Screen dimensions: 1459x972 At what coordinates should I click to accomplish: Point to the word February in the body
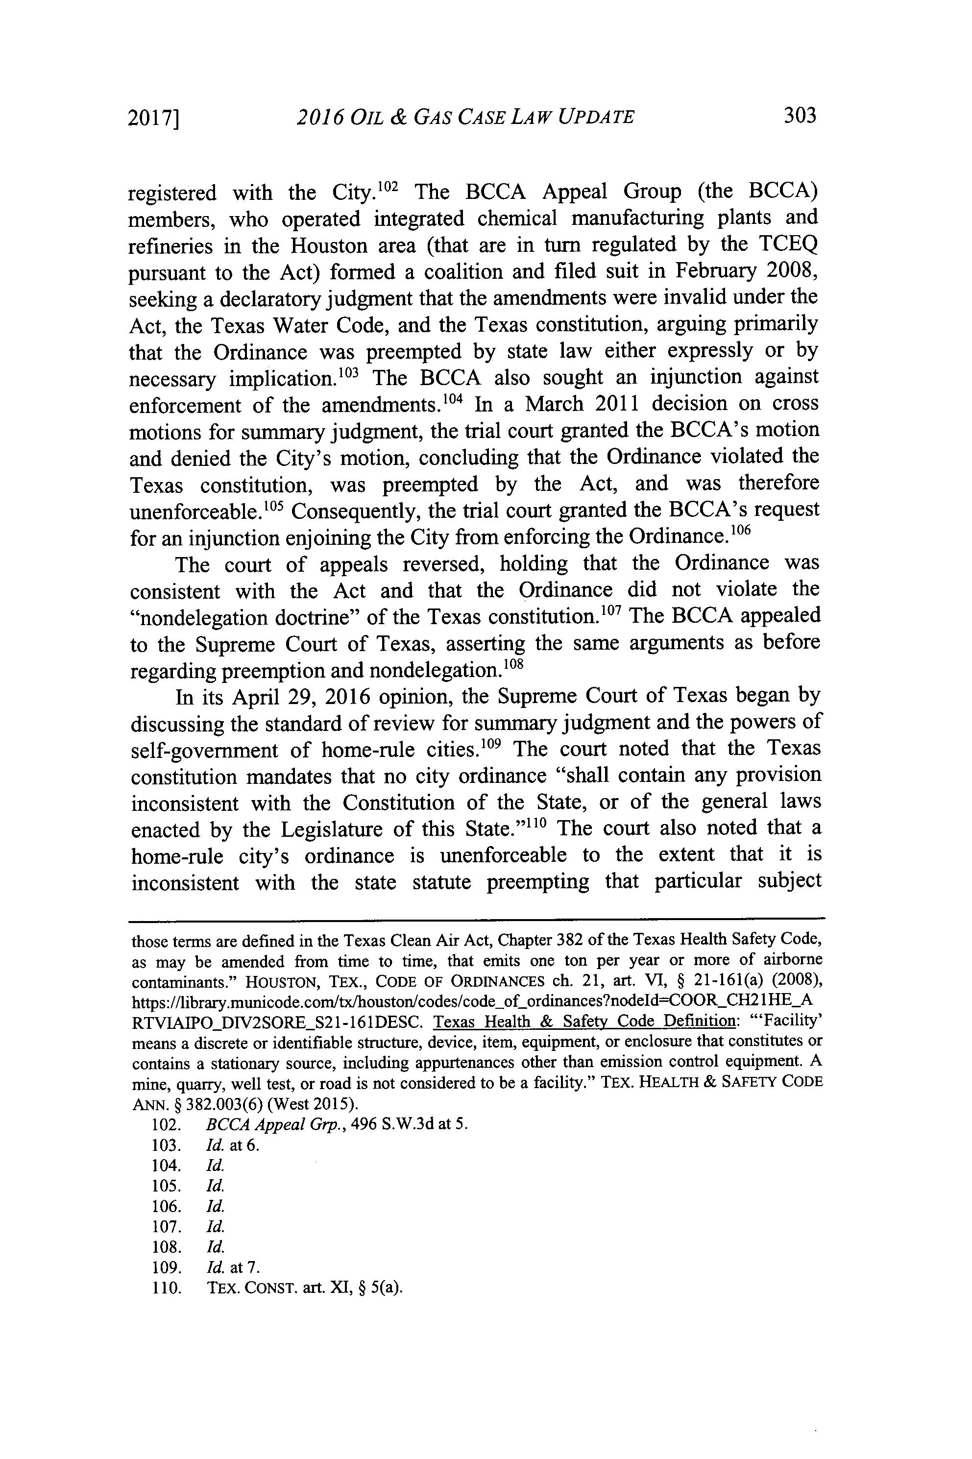tap(712, 272)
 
